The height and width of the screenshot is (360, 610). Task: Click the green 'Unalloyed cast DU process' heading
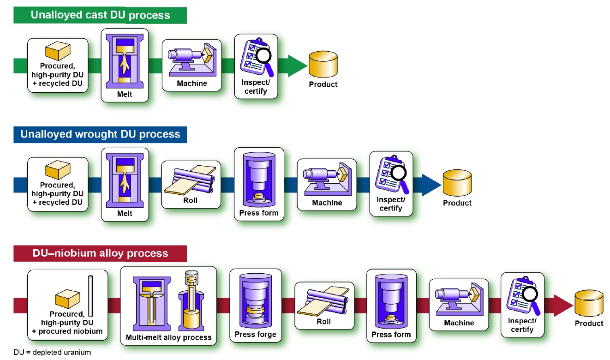click(x=100, y=15)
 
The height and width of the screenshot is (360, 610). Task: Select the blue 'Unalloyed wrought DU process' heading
click(x=100, y=134)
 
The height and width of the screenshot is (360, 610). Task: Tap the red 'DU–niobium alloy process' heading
click(x=100, y=253)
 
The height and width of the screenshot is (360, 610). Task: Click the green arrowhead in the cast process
click(x=297, y=66)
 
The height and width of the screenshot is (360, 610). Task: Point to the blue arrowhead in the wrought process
click(x=431, y=184)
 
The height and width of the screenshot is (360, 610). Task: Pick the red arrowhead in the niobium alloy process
click(x=562, y=305)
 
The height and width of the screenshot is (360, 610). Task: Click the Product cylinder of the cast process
click(x=323, y=65)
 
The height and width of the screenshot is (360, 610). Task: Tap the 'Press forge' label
click(x=255, y=334)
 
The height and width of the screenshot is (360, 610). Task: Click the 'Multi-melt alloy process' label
click(x=168, y=337)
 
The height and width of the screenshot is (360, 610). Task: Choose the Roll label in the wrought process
click(x=190, y=200)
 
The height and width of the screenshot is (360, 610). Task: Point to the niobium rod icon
click(x=91, y=295)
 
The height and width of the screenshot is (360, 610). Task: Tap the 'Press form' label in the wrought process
click(x=259, y=213)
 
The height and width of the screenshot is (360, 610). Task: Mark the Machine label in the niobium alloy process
click(x=459, y=323)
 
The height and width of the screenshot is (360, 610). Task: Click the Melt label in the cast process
click(x=125, y=94)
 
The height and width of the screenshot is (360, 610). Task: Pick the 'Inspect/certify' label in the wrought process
click(x=390, y=204)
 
